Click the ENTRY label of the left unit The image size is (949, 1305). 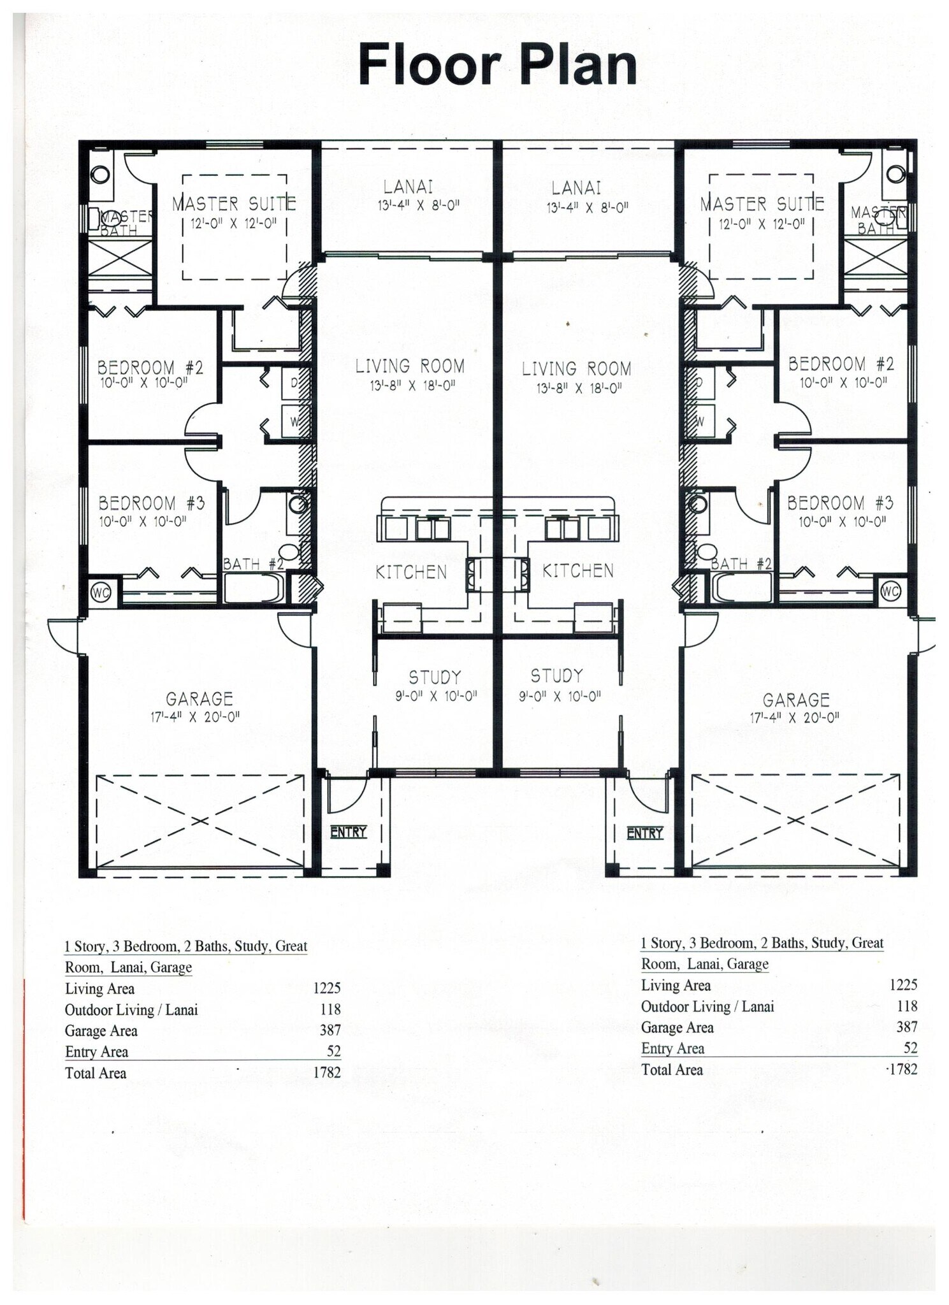[x=348, y=832]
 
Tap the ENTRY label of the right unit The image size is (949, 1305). [x=644, y=833]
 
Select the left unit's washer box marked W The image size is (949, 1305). [x=295, y=421]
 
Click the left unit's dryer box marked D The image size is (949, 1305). [x=294, y=383]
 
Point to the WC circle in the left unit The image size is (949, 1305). [x=101, y=593]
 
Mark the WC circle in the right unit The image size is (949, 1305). [x=890, y=591]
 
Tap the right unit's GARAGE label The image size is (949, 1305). [x=795, y=700]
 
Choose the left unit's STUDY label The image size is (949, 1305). [x=435, y=677]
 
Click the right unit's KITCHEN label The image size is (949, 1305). [x=577, y=570]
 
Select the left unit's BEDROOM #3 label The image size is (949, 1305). [x=152, y=503]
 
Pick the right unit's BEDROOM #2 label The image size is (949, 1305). [x=841, y=364]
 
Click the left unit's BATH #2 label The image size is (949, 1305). [x=253, y=564]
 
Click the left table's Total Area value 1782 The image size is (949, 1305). [x=327, y=1072]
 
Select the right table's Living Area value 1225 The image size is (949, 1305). [x=903, y=984]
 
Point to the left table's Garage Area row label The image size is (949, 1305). [x=101, y=1030]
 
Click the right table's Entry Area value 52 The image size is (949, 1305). [x=910, y=1048]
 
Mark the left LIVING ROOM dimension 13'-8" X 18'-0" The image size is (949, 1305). [x=412, y=386]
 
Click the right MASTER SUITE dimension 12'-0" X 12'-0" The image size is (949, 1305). [x=762, y=224]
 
